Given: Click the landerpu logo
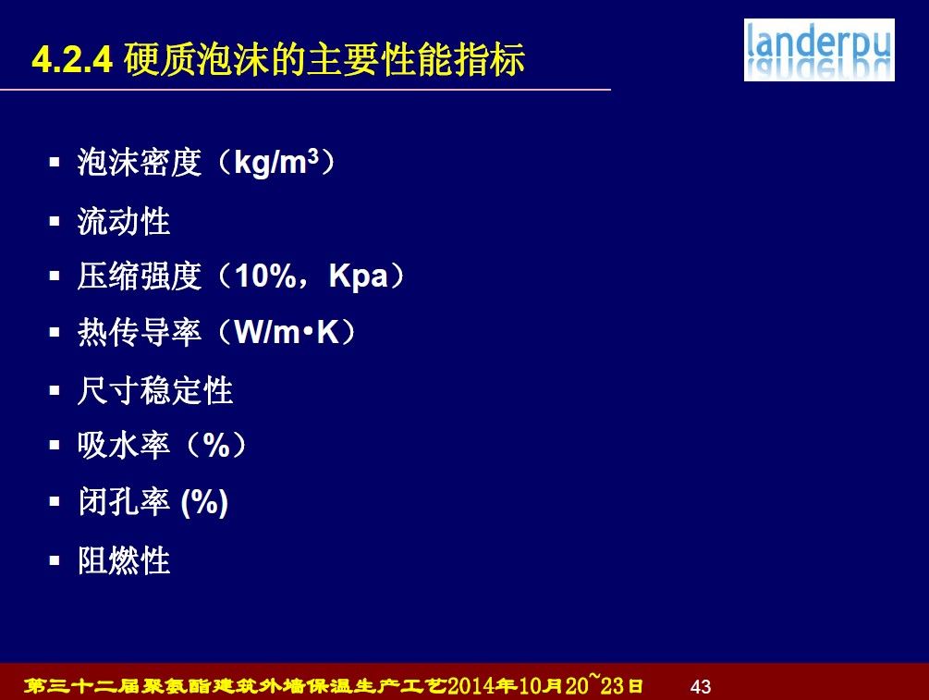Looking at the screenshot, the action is (819, 50).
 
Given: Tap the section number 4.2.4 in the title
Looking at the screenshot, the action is (72, 60).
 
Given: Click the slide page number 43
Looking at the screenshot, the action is (701, 686).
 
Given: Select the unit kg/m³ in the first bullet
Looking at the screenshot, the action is (276, 162).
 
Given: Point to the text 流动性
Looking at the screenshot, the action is (124, 222).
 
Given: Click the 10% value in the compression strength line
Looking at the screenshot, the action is (265, 276).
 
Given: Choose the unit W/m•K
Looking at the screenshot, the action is (287, 332).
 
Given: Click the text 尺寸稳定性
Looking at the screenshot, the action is (155, 390).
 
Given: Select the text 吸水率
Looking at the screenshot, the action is (124, 445).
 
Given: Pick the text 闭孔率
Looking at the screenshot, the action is (124, 501).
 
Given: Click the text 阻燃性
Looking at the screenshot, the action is (124, 560).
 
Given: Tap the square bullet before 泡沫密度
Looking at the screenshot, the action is (55, 162).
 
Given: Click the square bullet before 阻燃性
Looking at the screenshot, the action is (55, 560).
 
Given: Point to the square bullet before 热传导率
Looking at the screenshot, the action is (55, 332).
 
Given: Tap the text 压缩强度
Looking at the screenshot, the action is (140, 276).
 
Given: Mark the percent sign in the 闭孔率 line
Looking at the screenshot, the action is (204, 502).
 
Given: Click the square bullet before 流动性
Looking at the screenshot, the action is (55, 222).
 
